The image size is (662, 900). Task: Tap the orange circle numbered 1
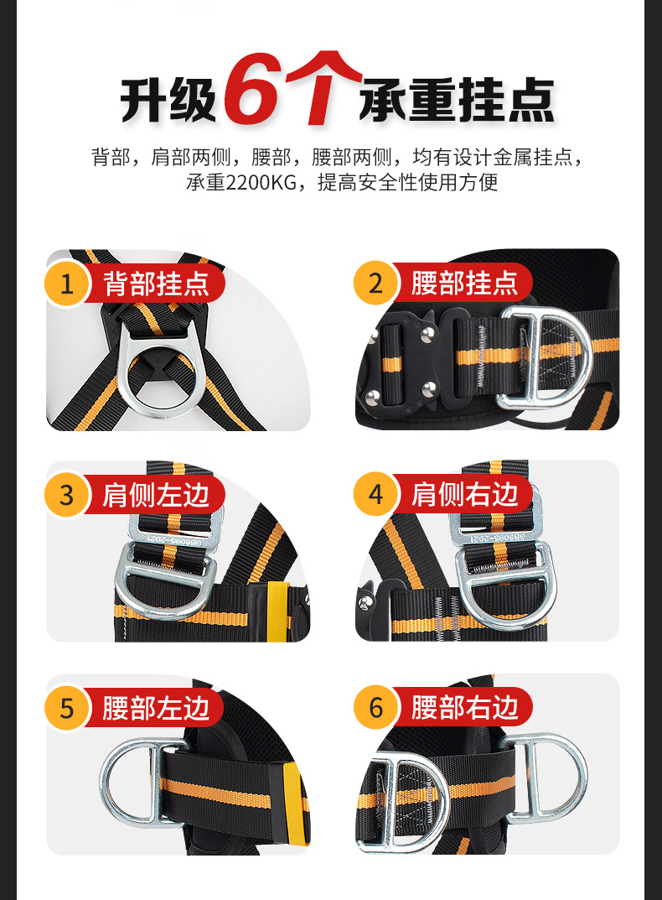coord(67,284)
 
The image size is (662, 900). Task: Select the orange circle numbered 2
coord(375,284)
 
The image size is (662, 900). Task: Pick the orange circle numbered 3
coord(67,495)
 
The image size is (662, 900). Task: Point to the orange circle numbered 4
coord(375,495)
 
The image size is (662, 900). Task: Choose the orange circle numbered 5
coord(67,708)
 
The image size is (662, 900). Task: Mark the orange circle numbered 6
coord(375,708)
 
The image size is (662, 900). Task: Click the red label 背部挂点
coord(155,284)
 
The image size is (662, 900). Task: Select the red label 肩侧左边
coord(155,495)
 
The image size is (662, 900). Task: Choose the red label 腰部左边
coord(155,708)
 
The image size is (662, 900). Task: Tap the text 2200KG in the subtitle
coord(261,183)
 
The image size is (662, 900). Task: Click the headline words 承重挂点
coord(457,100)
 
